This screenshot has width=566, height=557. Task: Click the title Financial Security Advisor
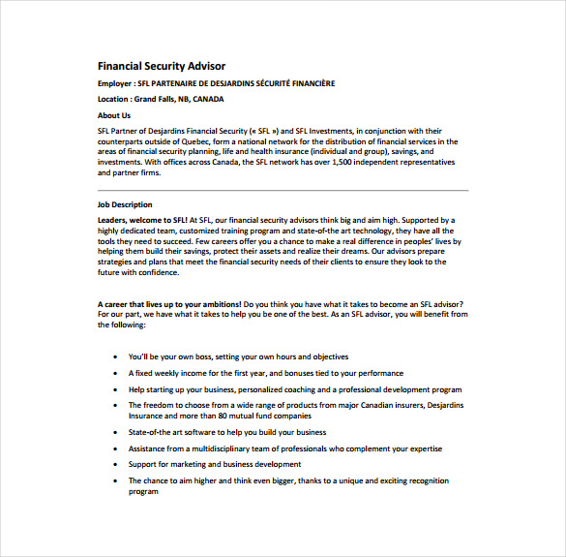pyautogui.click(x=161, y=66)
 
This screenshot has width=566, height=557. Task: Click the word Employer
pyautogui.click(x=115, y=83)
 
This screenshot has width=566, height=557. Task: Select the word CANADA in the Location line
pyautogui.click(x=208, y=99)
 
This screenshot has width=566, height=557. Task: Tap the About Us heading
pyautogui.click(x=114, y=115)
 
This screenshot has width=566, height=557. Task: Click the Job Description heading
pyautogui.click(x=125, y=204)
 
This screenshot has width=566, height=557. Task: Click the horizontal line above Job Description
pyautogui.click(x=283, y=191)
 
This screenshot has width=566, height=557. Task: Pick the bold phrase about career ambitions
pyautogui.click(x=169, y=304)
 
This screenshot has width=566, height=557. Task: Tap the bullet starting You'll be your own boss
pyautogui.click(x=238, y=356)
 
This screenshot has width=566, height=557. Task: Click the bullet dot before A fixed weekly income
pyautogui.click(x=115, y=373)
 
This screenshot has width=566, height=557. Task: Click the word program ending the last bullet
pyautogui.click(x=143, y=491)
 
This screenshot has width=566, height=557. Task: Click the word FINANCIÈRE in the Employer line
pyautogui.click(x=310, y=83)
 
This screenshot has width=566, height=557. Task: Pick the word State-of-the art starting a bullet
pyautogui.click(x=154, y=432)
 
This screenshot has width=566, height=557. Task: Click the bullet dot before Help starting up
pyautogui.click(x=115, y=389)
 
